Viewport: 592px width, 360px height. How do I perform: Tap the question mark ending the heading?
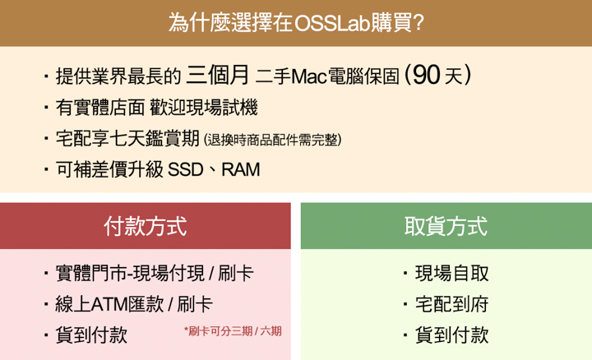[x=419, y=23]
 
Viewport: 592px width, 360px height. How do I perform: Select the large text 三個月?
[x=217, y=75]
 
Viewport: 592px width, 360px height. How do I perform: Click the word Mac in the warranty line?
[x=309, y=76]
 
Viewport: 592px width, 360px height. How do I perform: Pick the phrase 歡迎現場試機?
[x=204, y=108]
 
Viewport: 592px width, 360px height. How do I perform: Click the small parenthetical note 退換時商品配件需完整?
[x=273, y=140]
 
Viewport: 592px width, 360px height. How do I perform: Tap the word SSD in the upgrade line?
[x=186, y=170]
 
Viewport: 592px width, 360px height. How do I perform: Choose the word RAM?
[x=240, y=170]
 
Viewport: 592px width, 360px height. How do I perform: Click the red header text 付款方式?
[x=146, y=226]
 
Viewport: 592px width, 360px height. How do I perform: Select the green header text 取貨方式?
[x=446, y=226]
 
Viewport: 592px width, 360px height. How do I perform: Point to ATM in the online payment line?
[x=109, y=305]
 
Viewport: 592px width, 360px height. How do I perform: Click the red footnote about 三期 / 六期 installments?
[x=233, y=331]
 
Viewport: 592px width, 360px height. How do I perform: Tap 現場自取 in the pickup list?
[x=452, y=274]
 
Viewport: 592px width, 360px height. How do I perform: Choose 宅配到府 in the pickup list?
[x=452, y=305]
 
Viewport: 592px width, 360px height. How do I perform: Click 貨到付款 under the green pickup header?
[x=452, y=335]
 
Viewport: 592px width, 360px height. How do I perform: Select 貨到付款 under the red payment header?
[x=92, y=335]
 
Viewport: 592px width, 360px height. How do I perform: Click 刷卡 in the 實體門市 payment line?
[x=236, y=274]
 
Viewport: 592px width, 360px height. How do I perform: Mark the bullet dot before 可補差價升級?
[x=46, y=169]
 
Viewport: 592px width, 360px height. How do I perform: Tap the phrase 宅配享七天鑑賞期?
[x=127, y=138]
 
